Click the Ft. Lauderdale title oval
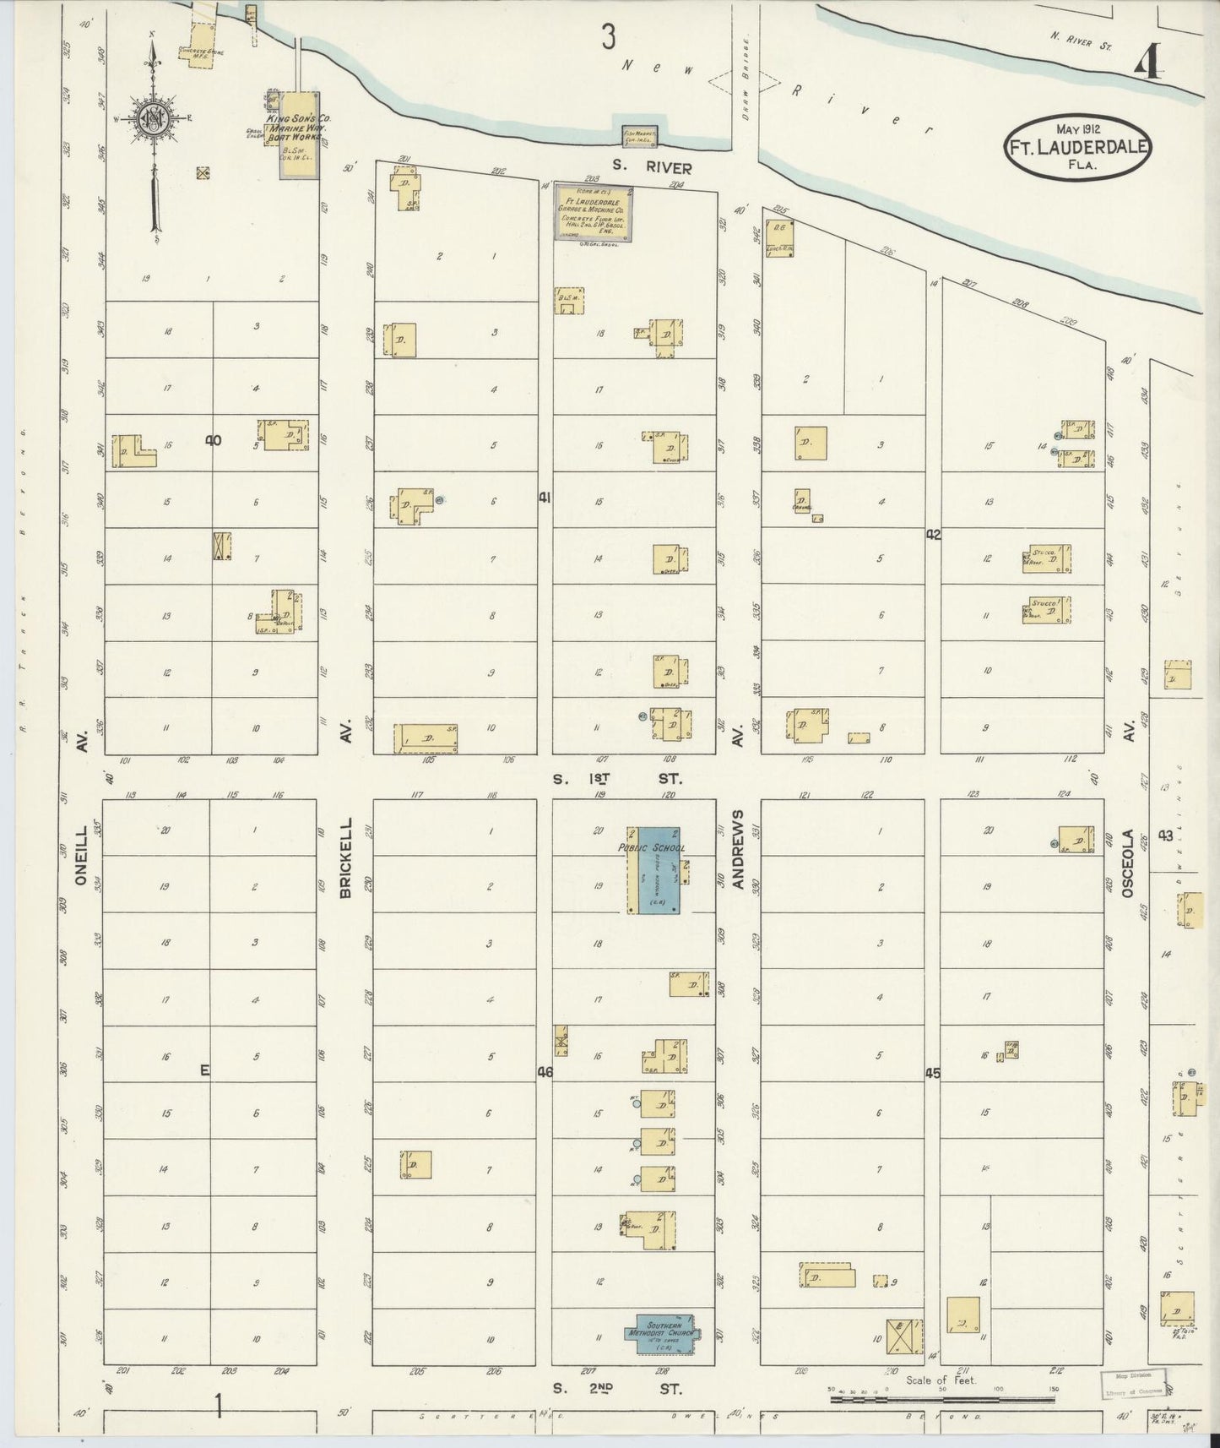pyautogui.click(x=1076, y=146)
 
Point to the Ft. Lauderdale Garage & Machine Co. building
pyautogui.click(x=594, y=213)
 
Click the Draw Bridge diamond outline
pyautogui.click(x=745, y=82)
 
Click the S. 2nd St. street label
pyautogui.click(x=617, y=1389)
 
